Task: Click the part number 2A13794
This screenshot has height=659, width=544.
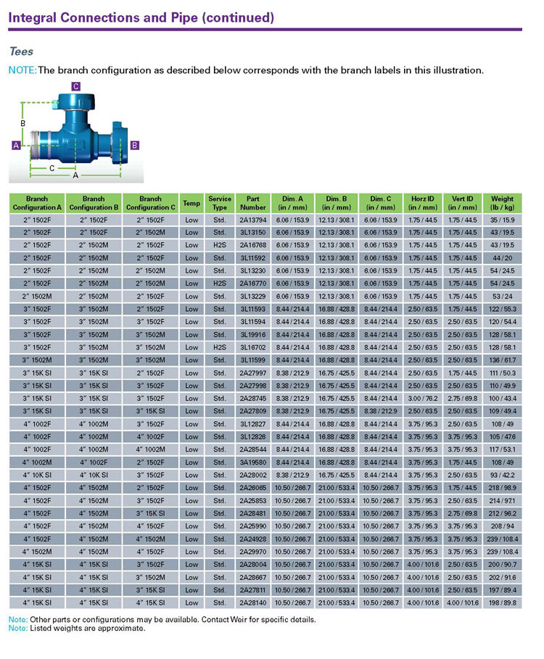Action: (253, 219)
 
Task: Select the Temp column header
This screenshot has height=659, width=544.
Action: (191, 203)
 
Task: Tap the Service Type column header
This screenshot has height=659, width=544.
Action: (220, 203)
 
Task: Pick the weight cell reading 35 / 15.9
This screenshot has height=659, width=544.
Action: (502, 219)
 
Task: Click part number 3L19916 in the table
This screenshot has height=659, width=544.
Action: (253, 334)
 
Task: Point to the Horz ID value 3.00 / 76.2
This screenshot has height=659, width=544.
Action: (422, 399)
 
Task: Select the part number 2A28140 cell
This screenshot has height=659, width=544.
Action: (253, 603)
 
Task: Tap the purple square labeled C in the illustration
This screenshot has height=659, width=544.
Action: (76, 86)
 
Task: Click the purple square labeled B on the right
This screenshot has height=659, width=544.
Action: (134, 145)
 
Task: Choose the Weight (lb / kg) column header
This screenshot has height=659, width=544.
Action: (502, 203)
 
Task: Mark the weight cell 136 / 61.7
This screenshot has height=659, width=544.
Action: (502, 360)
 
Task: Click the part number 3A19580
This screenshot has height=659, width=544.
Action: (253, 463)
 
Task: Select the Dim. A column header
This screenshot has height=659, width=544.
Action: (295, 203)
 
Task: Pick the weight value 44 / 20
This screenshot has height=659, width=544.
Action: (502, 257)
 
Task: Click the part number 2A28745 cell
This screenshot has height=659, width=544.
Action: (253, 399)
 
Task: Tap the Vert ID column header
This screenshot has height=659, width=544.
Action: (462, 203)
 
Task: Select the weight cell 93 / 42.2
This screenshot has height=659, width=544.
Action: (502, 476)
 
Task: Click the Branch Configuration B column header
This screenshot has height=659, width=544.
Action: (94, 203)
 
